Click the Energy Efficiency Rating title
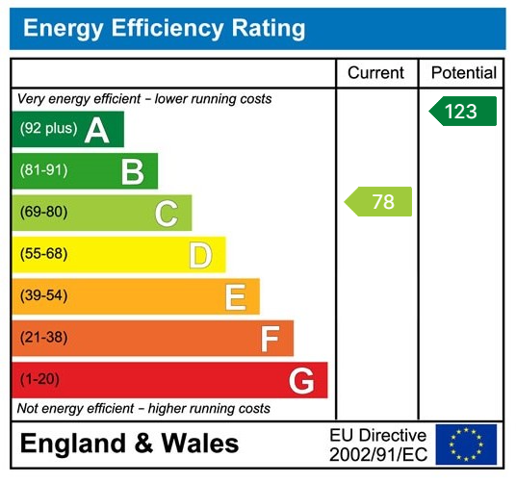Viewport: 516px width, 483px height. [164, 28]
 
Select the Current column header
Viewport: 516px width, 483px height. [376, 73]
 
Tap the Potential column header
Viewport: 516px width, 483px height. [464, 73]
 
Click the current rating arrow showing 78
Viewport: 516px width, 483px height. [378, 201]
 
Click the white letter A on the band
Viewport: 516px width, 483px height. [96, 130]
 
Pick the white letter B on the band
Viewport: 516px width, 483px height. [132, 171]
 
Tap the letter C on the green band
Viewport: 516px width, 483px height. [166, 213]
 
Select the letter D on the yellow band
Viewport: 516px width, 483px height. [199, 255]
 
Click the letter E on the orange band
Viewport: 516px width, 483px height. [234, 296]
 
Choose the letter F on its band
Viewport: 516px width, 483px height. [270, 339]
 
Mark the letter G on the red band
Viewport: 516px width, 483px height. [301, 380]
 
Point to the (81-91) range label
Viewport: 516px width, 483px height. [43, 171]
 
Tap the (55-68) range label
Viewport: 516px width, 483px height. [43, 255]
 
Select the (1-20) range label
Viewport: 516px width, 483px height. [39, 380]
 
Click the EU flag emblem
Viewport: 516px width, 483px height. [466, 445]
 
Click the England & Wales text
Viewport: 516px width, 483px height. [129, 445]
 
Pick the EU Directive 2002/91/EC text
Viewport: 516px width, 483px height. [377, 445]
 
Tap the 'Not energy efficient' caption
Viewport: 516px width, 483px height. [143, 409]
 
